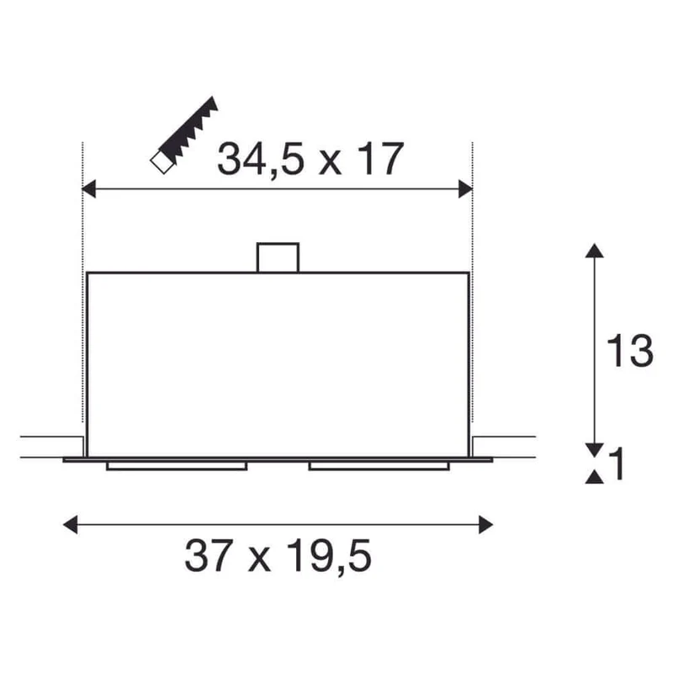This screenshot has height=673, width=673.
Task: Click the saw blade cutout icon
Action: tap(184, 135)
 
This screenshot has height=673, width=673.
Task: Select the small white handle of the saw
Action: tap(162, 162)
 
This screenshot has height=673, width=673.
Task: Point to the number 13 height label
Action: tap(629, 351)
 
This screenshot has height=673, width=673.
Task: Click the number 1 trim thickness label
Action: tap(617, 464)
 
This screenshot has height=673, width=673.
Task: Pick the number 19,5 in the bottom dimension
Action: tap(329, 556)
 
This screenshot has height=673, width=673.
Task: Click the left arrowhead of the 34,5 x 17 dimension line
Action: tap(88, 189)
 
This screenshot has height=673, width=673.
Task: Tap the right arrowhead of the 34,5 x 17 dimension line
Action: tap(465, 189)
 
